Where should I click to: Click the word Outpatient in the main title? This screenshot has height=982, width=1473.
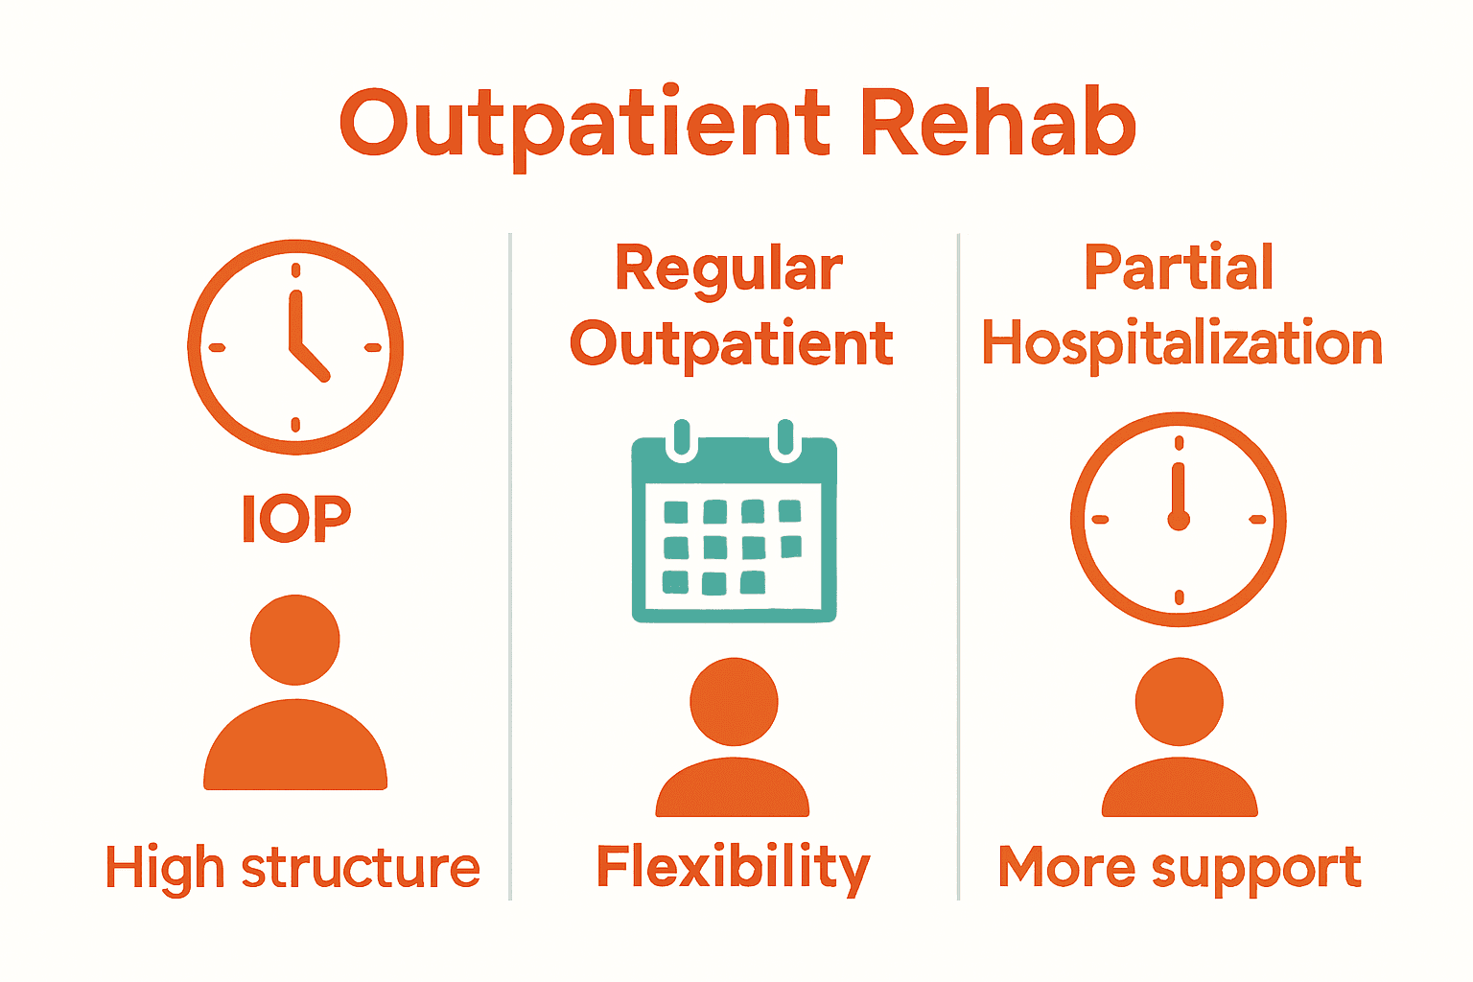coord(585,125)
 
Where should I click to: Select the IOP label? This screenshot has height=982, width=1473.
coord(295,519)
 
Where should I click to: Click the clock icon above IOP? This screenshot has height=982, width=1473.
coord(295,347)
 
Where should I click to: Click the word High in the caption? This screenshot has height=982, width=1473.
coord(165,869)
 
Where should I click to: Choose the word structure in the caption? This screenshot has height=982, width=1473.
coord(361,869)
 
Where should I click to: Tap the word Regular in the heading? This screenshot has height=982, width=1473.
coord(729,269)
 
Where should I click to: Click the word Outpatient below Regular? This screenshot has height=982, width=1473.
coord(732,343)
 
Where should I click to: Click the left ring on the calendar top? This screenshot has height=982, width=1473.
coord(682,438)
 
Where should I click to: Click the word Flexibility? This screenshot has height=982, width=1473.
coord(734,869)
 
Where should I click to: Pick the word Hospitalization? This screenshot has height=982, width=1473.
coord(1181,343)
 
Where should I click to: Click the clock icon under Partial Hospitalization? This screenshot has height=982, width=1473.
coord(1179,520)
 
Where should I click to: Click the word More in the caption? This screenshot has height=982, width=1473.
coord(1067,867)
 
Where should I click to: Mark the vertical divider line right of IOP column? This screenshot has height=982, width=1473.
coord(510,566)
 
